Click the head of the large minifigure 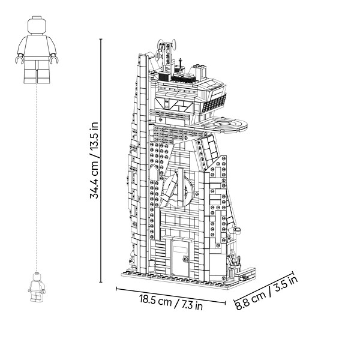(37, 25)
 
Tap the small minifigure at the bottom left (37, 287)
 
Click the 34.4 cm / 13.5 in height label (94, 160)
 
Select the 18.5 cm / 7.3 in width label (171, 302)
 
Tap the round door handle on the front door (185, 259)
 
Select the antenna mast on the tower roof (166, 55)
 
